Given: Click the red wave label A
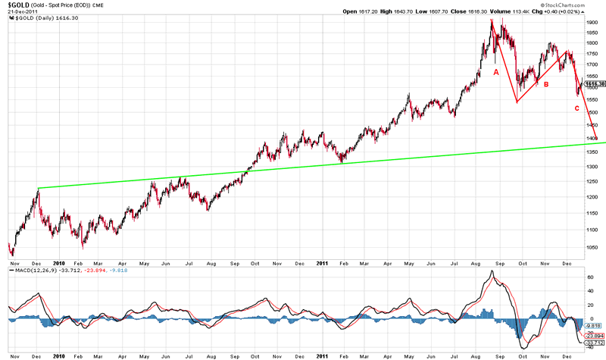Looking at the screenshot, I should [496, 72].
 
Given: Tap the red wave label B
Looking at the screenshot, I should [545, 84].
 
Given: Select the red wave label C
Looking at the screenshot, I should [576, 108].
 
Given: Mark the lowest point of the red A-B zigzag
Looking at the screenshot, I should [517, 102].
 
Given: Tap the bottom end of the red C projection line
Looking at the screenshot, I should [598, 139].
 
